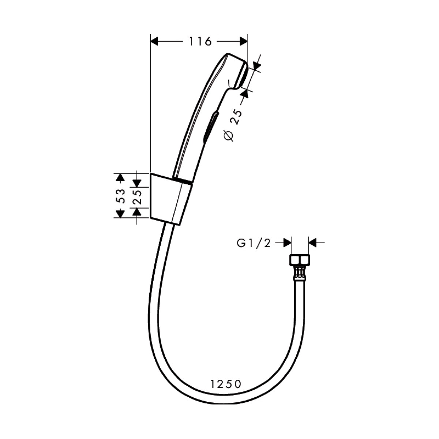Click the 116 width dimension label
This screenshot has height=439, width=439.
pos(200,41)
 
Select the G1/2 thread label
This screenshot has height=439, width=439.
pos(254,243)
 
